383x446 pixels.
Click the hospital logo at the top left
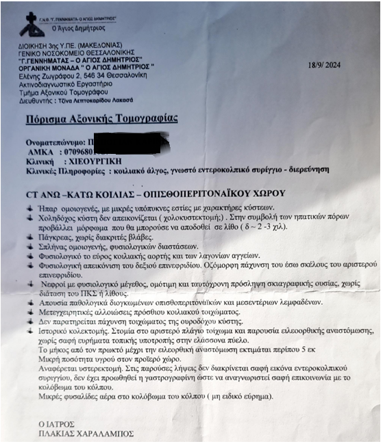29,25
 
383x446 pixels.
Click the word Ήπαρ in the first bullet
45,207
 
